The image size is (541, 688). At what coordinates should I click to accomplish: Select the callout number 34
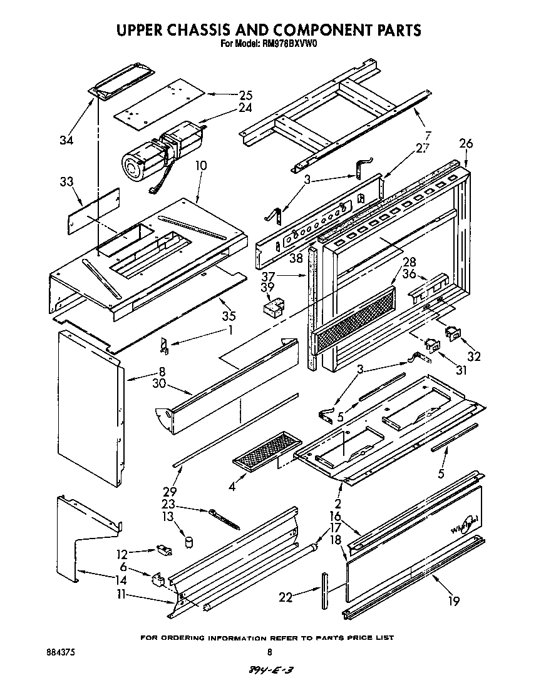tap(66, 141)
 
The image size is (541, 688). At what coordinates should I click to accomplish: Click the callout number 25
tap(245, 95)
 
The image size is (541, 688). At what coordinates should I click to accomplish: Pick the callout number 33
tap(66, 182)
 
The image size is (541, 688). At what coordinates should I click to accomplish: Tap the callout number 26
tap(465, 144)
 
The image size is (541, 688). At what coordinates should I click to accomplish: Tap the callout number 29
tap(170, 492)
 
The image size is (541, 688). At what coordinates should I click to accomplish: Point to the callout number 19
tap(454, 601)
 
